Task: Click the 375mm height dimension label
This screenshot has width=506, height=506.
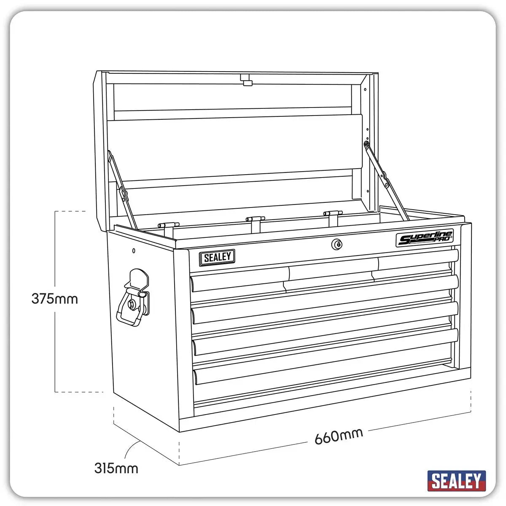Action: point(55,299)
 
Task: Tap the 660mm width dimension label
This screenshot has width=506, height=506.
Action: point(339,436)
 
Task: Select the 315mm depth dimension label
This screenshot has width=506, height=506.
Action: point(116,468)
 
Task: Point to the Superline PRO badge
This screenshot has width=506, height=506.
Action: point(424,238)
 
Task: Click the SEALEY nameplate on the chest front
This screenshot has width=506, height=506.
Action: point(217,258)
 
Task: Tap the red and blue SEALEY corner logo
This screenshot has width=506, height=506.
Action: point(456,481)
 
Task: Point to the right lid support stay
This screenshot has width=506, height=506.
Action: point(386,181)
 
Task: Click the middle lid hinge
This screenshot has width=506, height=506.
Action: point(255,220)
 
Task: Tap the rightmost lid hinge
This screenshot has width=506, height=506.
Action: point(333,214)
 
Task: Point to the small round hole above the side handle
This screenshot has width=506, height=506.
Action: point(134,251)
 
